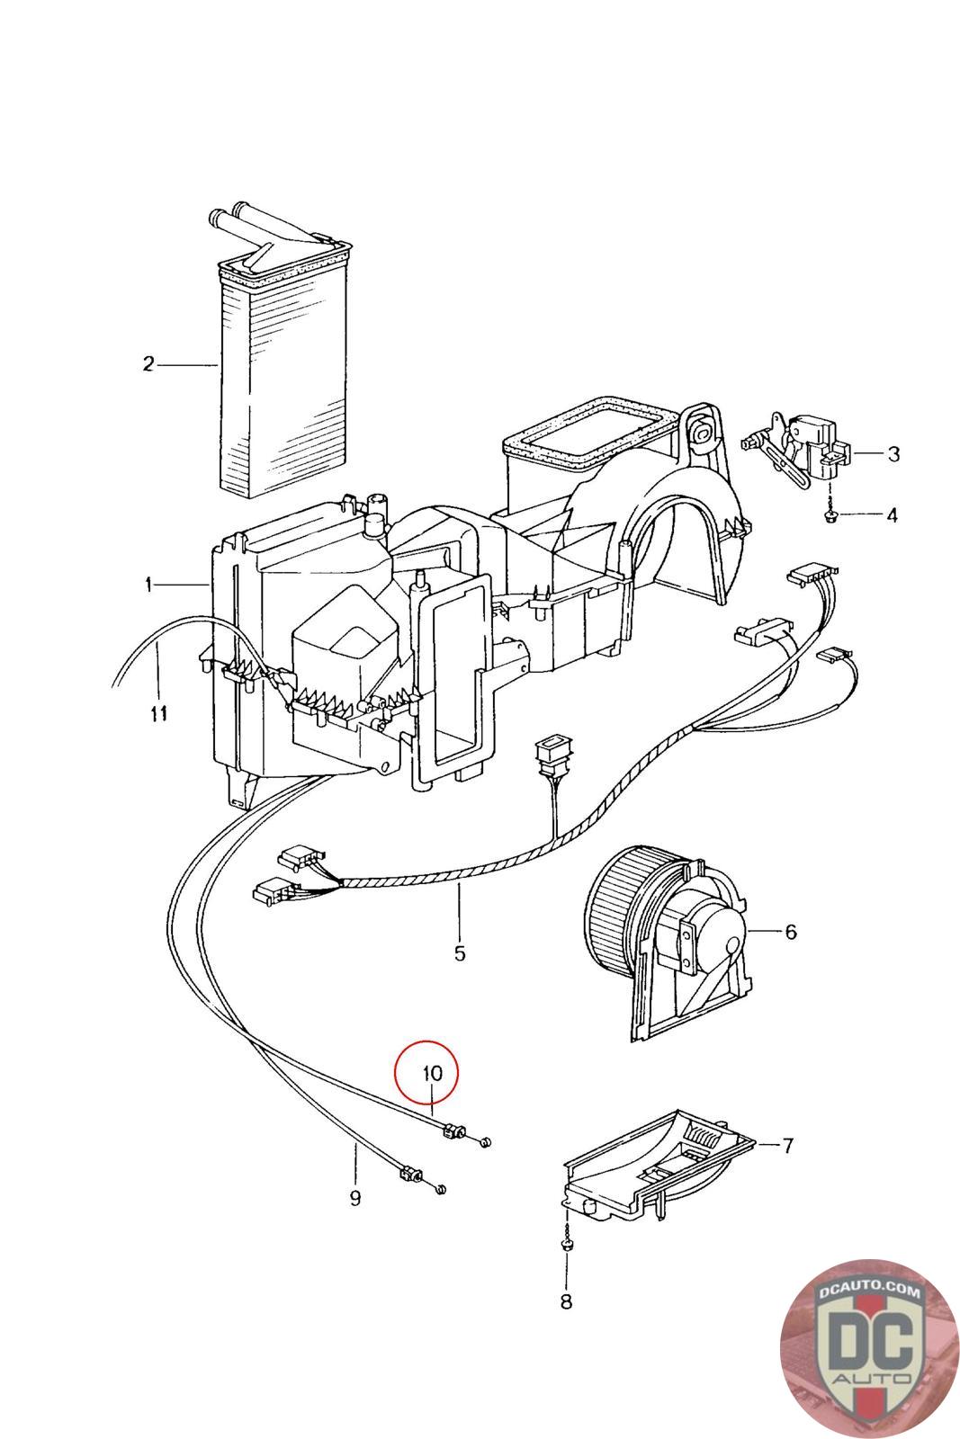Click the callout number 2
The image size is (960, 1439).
[x=148, y=365]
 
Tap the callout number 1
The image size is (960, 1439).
[x=148, y=585]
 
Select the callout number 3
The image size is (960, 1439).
[x=893, y=453]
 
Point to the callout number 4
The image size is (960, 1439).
[x=892, y=514]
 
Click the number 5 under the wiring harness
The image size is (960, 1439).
[x=460, y=953]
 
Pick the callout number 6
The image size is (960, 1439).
[x=790, y=931]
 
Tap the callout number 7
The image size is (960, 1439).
[x=788, y=1145]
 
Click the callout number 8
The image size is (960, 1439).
[x=566, y=1301]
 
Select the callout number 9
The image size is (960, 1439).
[x=355, y=1197]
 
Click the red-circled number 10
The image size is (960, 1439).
[x=433, y=1073]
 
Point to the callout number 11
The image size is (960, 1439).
[x=158, y=712]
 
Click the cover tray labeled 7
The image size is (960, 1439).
[x=659, y=1165]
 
